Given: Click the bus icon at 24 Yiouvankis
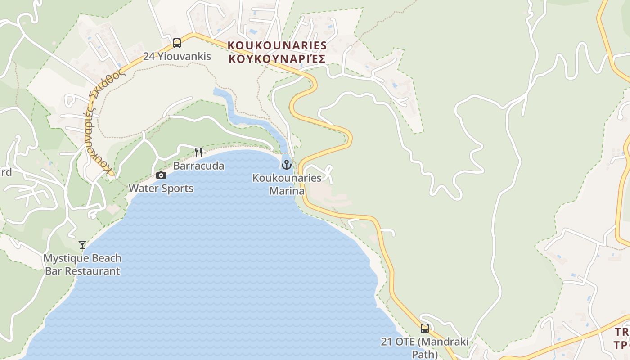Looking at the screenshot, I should click(177, 43).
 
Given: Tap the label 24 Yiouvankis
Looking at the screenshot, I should click(177, 57).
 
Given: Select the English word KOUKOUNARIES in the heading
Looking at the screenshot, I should click(277, 45).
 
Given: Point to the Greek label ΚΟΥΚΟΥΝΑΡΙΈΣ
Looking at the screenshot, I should click(277, 58).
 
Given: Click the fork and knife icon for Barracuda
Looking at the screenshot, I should click(198, 152).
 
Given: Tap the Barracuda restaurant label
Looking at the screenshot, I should click(198, 166).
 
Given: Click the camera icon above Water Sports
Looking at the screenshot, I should click(161, 175).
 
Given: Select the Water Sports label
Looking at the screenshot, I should click(161, 188).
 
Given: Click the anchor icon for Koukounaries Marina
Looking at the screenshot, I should click(287, 165).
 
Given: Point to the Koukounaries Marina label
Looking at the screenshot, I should click(287, 184).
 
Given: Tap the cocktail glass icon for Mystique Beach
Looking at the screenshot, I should click(82, 245).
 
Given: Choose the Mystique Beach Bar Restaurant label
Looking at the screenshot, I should click(82, 265).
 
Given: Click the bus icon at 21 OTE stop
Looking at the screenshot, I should click(424, 328).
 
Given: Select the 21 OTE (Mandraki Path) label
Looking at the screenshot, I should click(424, 347).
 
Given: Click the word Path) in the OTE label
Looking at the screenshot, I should click(424, 354).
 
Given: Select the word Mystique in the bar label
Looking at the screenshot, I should click(63, 258).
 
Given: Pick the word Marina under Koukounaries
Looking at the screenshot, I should click(287, 191).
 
